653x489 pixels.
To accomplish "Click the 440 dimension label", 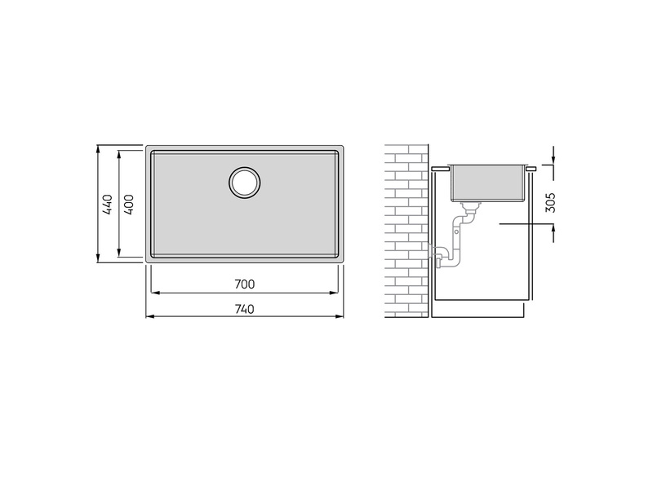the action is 108,205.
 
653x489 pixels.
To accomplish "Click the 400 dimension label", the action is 129,205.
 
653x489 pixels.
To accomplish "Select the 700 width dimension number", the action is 244,284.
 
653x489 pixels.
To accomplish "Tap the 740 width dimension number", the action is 244,310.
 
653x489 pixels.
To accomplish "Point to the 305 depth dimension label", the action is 550,202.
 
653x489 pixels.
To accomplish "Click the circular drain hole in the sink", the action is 244,183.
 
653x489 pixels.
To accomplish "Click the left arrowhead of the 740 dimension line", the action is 150,316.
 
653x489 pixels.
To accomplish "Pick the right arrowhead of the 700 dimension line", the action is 333,293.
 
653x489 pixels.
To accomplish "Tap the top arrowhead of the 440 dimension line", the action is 98,149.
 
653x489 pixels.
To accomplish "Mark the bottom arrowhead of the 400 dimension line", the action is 119,253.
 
